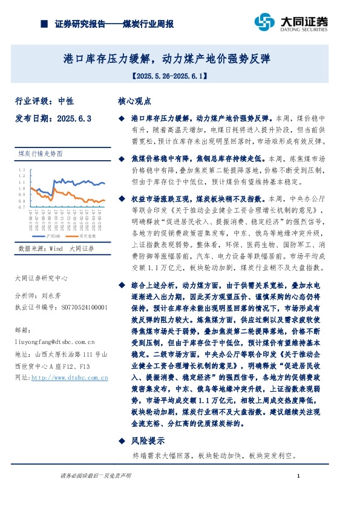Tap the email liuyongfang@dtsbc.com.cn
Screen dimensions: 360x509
[x=60, y=342]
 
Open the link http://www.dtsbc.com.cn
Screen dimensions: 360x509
[x=69, y=377]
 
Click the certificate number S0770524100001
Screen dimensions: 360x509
[x=84, y=307]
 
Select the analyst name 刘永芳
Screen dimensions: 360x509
[x=51, y=297]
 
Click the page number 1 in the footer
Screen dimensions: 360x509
[x=299, y=478]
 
